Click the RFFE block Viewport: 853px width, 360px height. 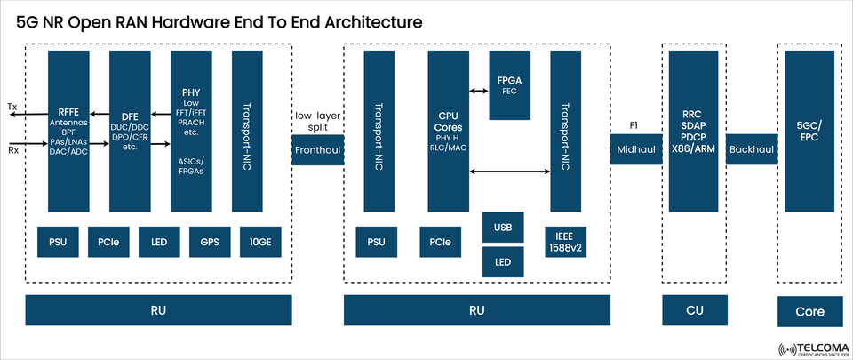pos(69,130)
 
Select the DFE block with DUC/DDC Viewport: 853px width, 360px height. pos(131,130)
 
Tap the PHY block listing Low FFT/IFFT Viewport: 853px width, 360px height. pos(191,130)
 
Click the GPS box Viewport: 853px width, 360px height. pos(210,241)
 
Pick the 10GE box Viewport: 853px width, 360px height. pos(260,241)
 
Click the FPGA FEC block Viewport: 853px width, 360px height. pos(510,85)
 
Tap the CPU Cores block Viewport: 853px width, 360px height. pos(448,130)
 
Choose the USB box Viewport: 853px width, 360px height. pos(503,228)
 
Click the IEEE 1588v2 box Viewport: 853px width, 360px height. pos(565,241)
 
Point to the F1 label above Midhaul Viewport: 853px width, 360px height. pos(634,125)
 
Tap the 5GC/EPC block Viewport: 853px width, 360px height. pos(809,130)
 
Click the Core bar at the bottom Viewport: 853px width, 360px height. pos(809,311)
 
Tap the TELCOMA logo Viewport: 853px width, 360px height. pos(810,348)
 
